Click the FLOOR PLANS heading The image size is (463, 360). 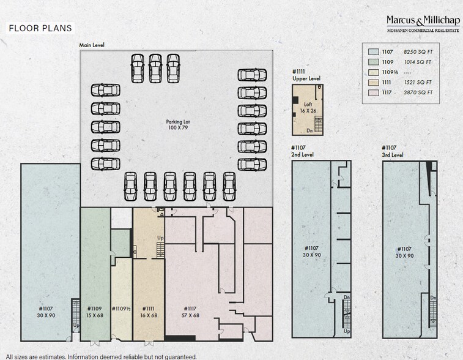point(40,28)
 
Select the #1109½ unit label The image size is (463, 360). point(121,309)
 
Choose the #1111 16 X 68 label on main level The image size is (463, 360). point(149,312)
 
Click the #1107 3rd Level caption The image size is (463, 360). point(393,151)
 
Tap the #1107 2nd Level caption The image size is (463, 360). point(303,151)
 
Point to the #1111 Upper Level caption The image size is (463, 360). point(306,75)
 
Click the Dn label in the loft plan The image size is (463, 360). point(310,130)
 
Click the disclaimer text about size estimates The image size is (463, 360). point(101,356)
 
